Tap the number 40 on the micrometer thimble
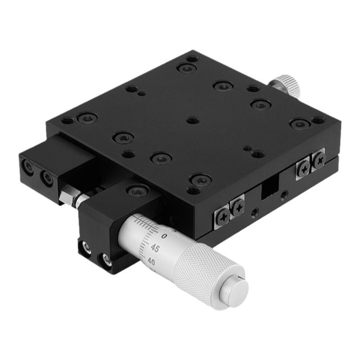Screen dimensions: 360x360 [151, 261]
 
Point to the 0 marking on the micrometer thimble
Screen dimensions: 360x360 [163, 236]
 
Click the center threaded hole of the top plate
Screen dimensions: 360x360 [193, 121]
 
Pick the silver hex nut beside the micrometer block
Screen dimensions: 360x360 [68, 194]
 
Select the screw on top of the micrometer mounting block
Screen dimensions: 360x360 [137, 191]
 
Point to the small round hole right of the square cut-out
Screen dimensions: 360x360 [283, 195]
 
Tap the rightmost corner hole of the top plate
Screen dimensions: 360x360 [319, 120]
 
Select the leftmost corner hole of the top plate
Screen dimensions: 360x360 [67, 121]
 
